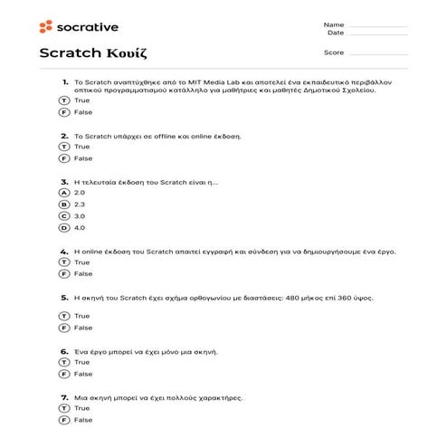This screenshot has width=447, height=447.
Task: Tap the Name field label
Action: (332, 24)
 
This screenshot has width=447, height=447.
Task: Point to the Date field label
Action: (335, 32)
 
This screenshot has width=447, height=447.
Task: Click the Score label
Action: (332, 52)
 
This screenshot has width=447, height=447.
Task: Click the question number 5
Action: (64, 296)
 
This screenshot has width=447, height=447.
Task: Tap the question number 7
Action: (64, 397)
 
